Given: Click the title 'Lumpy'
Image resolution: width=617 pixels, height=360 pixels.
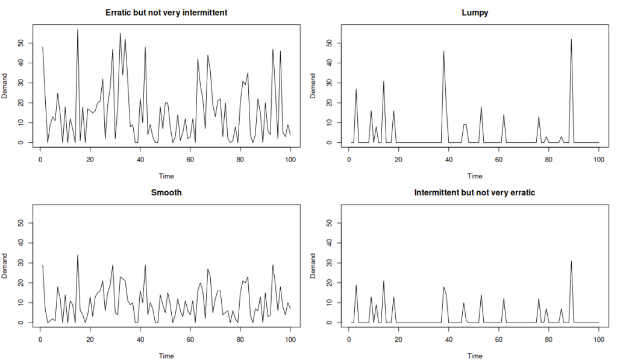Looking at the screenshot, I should tap(475, 12).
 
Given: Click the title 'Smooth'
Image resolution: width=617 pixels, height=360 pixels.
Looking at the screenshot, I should tap(166, 193).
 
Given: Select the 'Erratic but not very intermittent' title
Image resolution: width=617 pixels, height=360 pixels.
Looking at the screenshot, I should tap(166, 12).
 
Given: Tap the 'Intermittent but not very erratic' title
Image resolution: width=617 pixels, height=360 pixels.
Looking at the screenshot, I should tap(475, 193).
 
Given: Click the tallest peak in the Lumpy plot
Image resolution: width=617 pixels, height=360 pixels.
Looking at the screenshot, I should tap(571, 40).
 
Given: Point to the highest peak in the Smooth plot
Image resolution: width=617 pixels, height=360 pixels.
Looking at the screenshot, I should tap(78, 255).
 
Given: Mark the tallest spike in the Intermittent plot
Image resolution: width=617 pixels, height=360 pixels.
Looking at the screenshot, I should tap(571, 261).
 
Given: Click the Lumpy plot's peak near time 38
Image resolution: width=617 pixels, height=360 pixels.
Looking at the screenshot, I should tap(444, 51).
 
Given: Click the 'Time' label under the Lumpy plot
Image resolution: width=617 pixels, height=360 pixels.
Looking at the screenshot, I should tap(475, 176).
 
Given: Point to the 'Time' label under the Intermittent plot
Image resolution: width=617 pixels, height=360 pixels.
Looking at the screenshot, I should tap(475, 356).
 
